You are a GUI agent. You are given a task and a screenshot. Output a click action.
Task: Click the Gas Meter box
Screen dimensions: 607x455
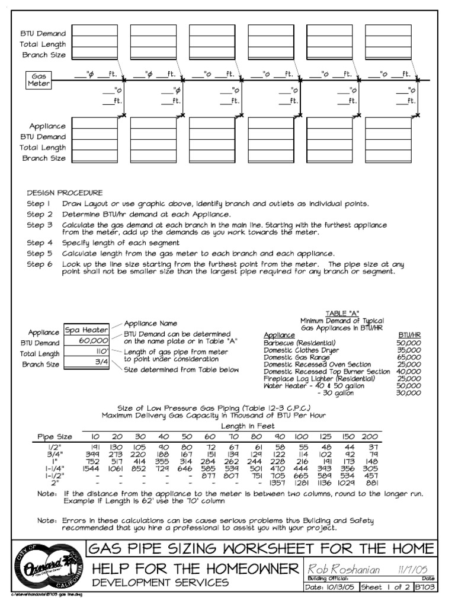38,80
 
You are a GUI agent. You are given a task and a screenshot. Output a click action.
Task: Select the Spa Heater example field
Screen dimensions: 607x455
86,330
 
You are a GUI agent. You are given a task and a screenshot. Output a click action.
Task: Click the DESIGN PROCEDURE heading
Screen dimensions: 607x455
65,193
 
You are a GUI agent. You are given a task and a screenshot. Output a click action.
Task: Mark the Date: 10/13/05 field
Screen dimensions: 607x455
331,587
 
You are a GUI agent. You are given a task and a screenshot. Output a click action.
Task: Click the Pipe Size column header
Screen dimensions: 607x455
55,437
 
